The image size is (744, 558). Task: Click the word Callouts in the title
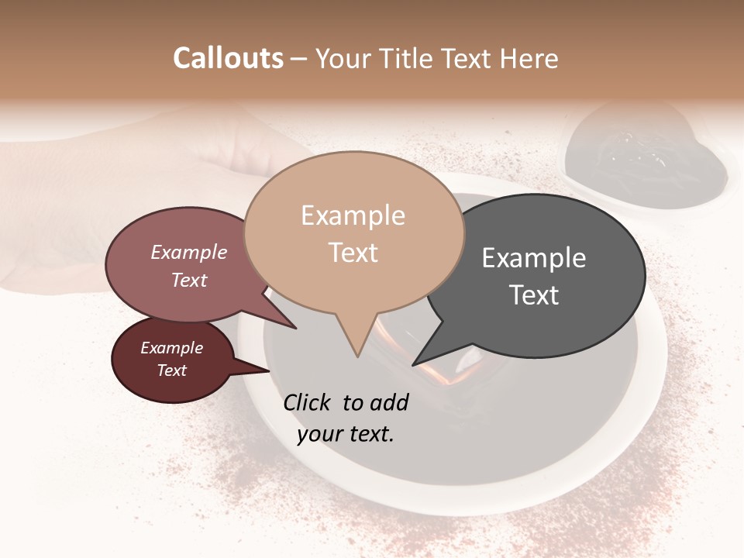228,58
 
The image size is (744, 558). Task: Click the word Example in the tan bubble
353,215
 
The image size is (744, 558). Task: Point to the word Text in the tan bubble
353,253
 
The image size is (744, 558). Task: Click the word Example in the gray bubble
534,258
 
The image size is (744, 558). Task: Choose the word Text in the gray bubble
534,295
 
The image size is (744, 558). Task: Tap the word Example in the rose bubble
189,253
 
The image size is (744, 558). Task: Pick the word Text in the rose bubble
189,280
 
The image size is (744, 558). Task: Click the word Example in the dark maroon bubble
171,348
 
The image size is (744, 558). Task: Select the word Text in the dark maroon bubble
171,370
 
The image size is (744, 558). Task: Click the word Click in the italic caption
308,402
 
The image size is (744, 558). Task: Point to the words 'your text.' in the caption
346,434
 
